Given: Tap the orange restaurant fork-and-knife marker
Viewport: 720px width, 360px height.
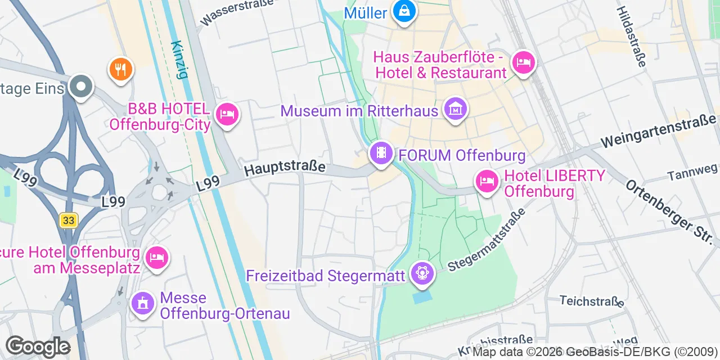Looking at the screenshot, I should point(120,69).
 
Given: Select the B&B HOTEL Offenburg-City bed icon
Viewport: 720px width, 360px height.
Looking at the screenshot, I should point(227,115).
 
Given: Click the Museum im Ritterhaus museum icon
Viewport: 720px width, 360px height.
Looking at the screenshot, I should point(455,109).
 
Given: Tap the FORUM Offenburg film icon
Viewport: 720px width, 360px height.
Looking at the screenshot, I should point(381,153).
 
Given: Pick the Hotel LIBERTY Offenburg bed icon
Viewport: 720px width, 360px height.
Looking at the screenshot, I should point(487,182).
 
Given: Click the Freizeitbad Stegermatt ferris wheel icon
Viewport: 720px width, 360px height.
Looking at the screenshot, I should point(422,273).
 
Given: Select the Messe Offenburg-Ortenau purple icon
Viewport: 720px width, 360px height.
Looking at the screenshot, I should point(143,304).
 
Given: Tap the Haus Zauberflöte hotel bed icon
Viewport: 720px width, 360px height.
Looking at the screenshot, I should point(523,62).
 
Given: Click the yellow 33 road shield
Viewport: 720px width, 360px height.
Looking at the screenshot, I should point(69,220).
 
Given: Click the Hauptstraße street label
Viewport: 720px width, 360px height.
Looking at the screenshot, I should point(285,167).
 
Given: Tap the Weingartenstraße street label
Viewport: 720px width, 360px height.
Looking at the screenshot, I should point(658,130).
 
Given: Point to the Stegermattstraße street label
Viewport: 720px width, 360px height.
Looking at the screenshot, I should point(486,240).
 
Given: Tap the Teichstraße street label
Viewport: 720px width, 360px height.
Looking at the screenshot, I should point(592,301).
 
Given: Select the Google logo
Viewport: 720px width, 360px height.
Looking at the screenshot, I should point(38,346).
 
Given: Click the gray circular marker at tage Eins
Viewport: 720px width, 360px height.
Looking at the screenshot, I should point(81,87).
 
